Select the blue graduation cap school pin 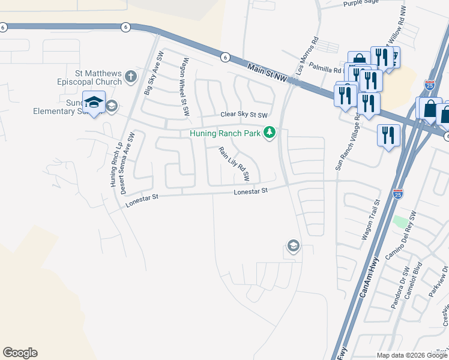pyautogui.click(x=94, y=103)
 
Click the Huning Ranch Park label pyautogui.click(x=225, y=133)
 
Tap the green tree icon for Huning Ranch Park pyautogui.click(x=270, y=133)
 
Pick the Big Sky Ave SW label pyautogui.click(x=154, y=74)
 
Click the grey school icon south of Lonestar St pyautogui.click(x=293, y=246)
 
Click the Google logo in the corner pyautogui.click(x=20, y=353)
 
